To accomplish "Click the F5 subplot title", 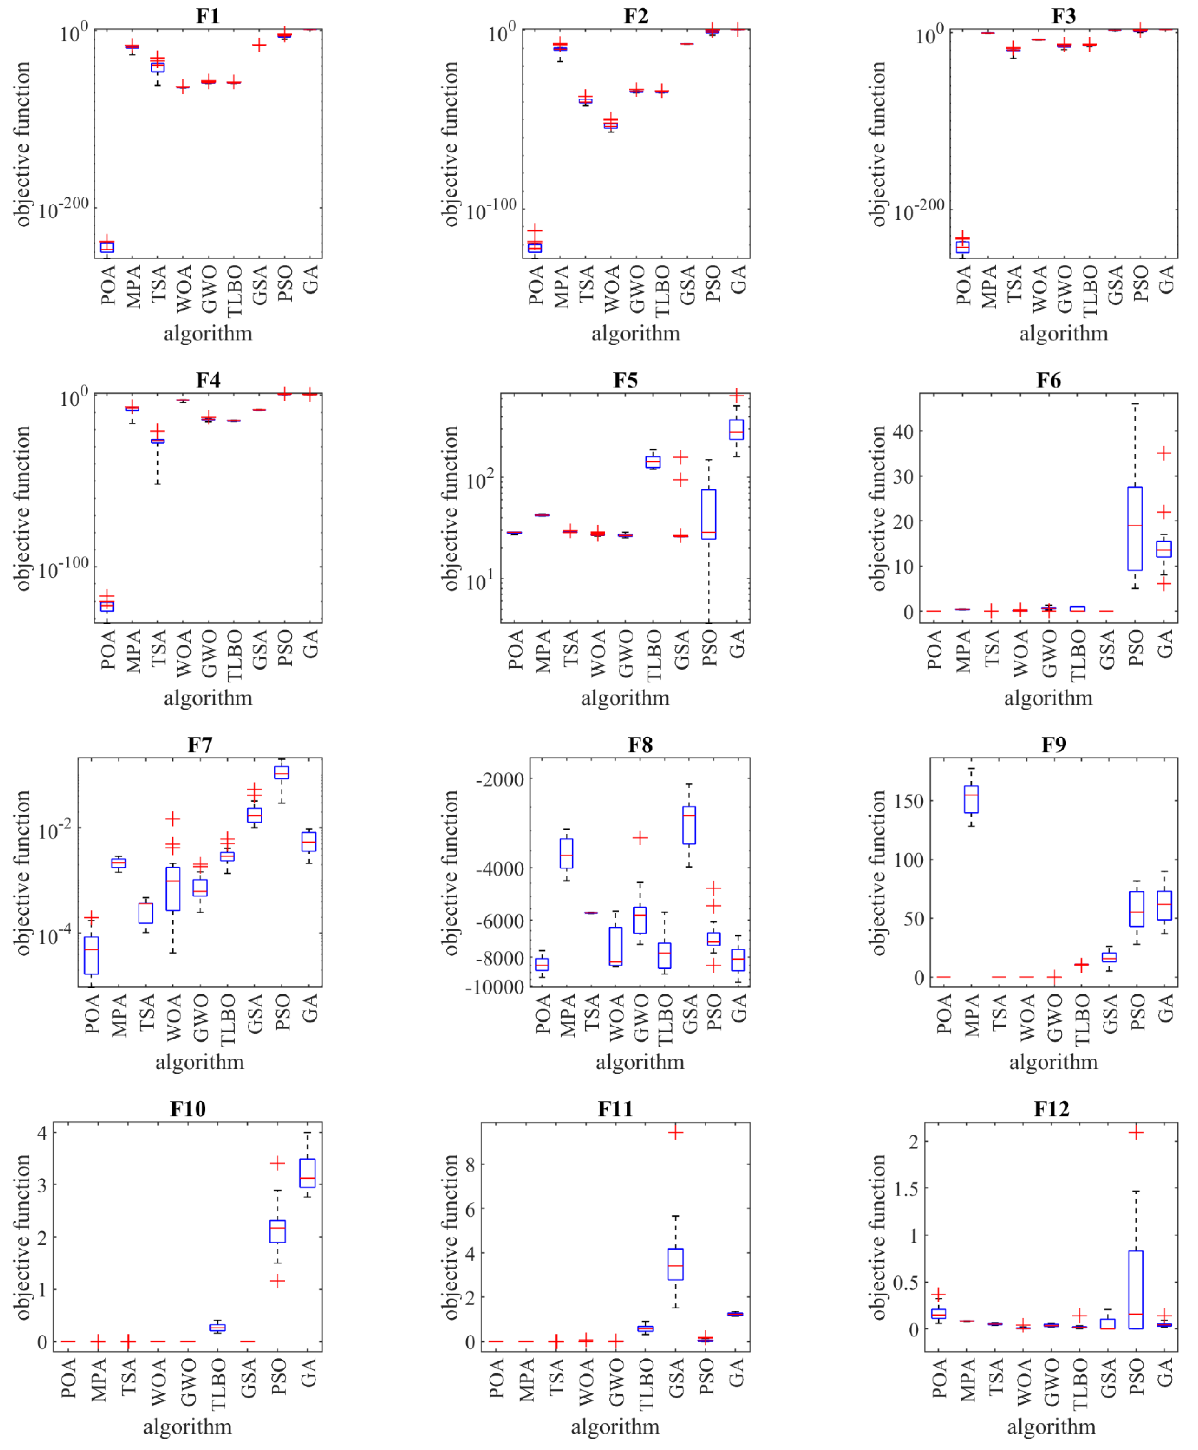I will click(x=625, y=380).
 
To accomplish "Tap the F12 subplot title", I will click(x=1051, y=1109).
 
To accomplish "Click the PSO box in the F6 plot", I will click(x=1134, y=529).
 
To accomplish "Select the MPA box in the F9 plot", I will click(x=972, y=799).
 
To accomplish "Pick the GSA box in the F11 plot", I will click(x=675, y=1264).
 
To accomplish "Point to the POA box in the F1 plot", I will click(x=107, y=246).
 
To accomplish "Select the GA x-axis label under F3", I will click(x=1166, y=280).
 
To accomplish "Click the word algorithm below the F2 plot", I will click(x=635, y=333).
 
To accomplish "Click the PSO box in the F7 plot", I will click(x=282, y=772).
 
